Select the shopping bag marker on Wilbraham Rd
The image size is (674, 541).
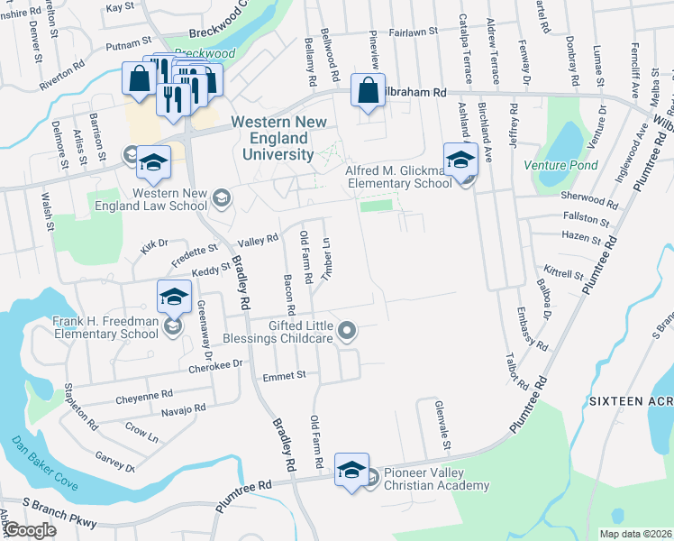pos(368,91)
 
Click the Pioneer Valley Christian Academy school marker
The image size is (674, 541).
pos(352,470)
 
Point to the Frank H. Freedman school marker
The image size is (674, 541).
pos(174,295)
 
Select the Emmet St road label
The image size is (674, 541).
pos(284,374)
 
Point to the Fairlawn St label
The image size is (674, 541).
pos(413,31)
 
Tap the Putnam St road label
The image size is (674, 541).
pos(128,42)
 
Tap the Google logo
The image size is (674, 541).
pos(30,530)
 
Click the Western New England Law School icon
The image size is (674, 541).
pos(220,196)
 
